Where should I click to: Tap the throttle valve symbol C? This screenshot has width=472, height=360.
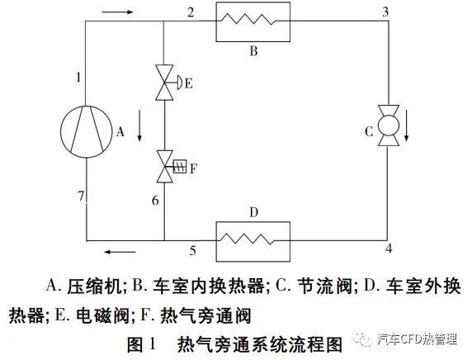pyautogui.click(x=389, y=126)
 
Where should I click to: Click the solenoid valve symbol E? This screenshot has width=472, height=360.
pyautogui.click(x=164, y=83)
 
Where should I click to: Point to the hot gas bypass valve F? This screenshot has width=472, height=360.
pyautogui.click(x=165, y=167)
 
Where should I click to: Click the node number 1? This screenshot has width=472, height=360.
pyautogui.click(x=78, y=78)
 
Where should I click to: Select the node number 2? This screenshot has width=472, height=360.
pyautogui.click(x=191, y=12)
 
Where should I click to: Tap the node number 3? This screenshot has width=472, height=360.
pyautogui.click(x=385, y=12)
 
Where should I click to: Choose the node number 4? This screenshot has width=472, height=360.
pyautogui.click(x=389, y=249)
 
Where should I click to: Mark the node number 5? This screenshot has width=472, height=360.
pyautogui.click(x=192, y=251)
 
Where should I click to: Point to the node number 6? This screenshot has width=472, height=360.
pyautogui.click(x=155, y=201)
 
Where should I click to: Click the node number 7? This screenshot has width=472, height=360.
pyautogui.click(x=81, y=196)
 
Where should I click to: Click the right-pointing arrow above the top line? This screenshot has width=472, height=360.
pyautogui.click(x=117, y=12)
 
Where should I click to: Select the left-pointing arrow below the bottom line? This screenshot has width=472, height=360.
pyautogui.click(x=120, y=252)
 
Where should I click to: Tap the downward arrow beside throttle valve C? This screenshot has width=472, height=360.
pyautogui.click(x=406, y=126)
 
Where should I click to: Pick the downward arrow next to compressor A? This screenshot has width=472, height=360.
pyautogui.click(x=139, y=126)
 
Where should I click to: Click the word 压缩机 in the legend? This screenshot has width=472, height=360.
pyautogui.click(x=95, y=286)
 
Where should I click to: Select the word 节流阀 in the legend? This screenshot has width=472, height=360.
pyautogui.click(x=325, y=286)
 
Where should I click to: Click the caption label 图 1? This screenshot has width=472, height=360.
pyautogui.click(x=141, y=343)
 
